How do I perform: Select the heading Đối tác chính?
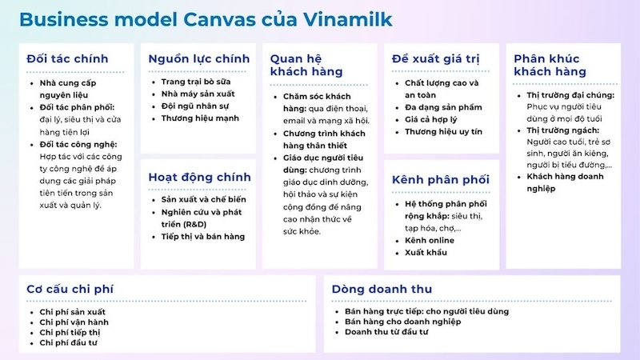click(67, 58)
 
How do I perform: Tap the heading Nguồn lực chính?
click(199, 58)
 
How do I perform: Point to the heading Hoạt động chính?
click(199, 177)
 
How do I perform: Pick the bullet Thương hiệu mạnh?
click(199, 118)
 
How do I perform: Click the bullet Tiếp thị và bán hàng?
click(203, 236)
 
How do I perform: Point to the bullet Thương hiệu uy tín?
click(443, 131)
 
